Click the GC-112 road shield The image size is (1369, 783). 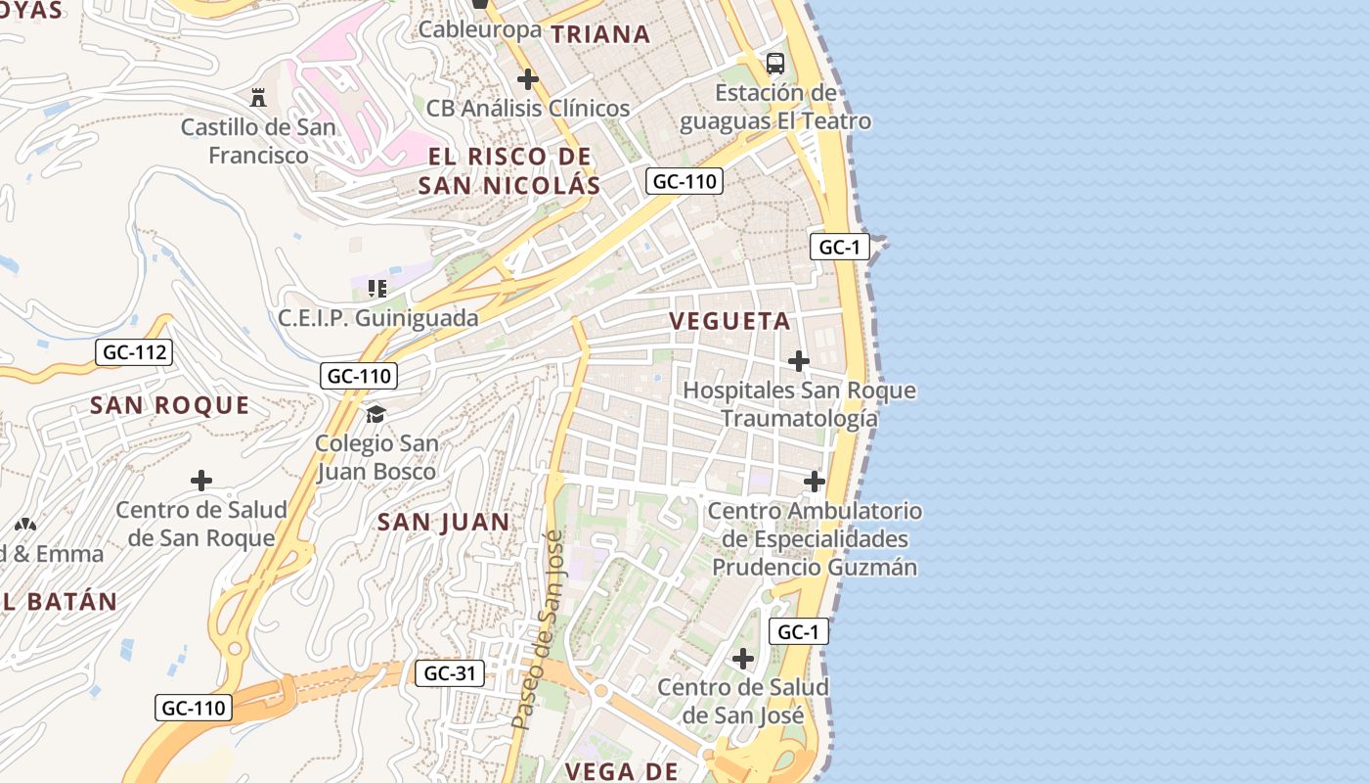(134, 352)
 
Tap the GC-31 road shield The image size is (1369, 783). (450, 673)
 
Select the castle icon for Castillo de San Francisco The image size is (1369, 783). (258, 98)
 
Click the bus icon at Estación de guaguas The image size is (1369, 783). (775, 64)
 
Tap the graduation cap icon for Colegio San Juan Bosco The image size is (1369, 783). (375, 414)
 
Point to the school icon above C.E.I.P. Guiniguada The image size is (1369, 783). (377, 288)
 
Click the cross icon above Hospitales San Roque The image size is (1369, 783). (799, 361)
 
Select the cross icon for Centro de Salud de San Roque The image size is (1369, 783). (201, 481)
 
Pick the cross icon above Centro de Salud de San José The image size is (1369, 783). (743, 658)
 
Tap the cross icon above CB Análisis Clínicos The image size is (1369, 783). (528, 79)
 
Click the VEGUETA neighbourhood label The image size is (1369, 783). (729, 321)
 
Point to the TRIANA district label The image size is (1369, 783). (600, 34)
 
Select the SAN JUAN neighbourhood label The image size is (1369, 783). (444, 522)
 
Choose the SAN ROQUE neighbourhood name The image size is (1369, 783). (170, 405)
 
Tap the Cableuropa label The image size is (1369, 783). (479, 29)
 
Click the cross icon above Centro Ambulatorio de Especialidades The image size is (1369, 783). (815, 482)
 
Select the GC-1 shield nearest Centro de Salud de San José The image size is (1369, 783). (799, 632)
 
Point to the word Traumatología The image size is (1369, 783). (799, 419)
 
